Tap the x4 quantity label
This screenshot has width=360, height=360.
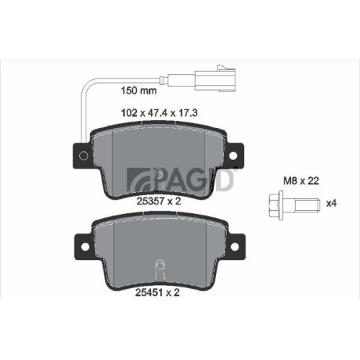[331, 204]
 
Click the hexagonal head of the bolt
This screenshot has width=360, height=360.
[274, 204]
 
